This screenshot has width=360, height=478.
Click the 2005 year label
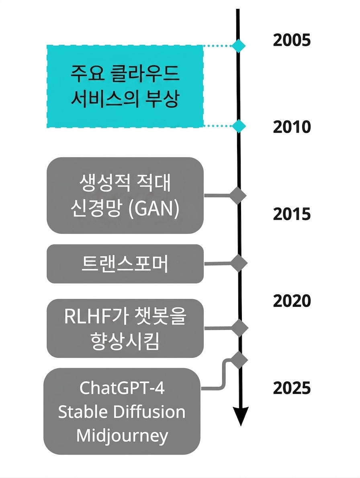[292, 40]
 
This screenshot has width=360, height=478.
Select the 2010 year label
[292, 127]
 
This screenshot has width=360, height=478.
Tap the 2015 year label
[292, 214]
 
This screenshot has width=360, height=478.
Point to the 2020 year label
[292, 301]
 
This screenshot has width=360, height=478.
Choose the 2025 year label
[292, 388]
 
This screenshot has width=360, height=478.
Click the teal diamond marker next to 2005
[238, 46]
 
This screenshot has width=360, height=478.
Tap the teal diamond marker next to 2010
[238, 126]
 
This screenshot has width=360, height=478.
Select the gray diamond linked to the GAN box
[238, 195]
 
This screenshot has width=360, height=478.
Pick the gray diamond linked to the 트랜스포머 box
[239, 263]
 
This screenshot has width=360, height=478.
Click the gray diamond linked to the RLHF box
[239, 328]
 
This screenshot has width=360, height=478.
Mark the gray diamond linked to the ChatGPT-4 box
[239, 360]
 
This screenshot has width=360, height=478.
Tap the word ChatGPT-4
[122, 388]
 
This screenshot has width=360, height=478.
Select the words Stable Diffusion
[122, 412]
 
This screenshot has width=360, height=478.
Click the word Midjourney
[122, 436]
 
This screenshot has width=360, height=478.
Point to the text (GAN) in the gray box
[153, 209]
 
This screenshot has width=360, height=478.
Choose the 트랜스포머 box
[125, 264]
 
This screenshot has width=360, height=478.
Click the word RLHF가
[94, 317]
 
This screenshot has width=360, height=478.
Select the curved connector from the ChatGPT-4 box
[225, 374]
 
